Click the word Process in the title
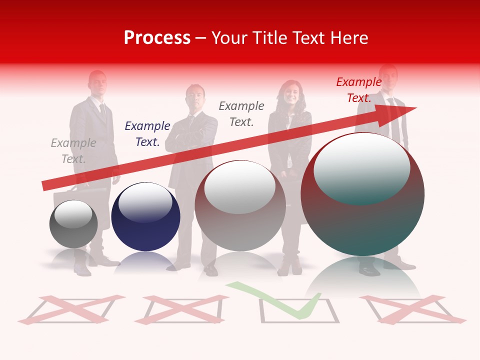tap(157, 37)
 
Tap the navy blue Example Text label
tap(147, 134)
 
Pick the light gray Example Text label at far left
tap(73, 151)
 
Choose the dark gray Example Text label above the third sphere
tap(241, 113)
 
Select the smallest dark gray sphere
tap(73, 224)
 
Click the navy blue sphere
tap(145, 217)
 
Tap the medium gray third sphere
tap(240, 206)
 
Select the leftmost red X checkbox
tap(72, 308)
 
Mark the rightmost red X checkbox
tap(411, 308)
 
